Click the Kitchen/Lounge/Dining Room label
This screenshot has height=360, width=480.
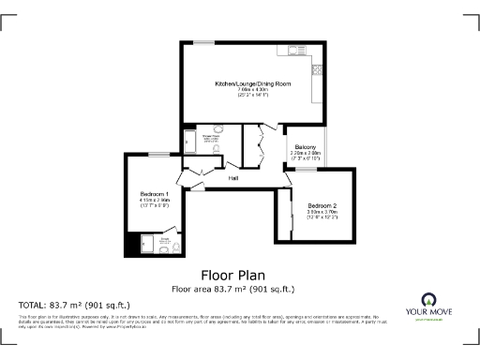[252, 84]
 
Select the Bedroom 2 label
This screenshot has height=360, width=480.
[322, 204]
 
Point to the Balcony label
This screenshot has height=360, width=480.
[305, 148]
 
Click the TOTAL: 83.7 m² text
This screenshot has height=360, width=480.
[75, 306]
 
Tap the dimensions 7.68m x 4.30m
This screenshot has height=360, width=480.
[252, 90]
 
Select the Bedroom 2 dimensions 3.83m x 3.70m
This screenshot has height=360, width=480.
[322, 211]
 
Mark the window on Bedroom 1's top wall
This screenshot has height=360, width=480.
[157, 154]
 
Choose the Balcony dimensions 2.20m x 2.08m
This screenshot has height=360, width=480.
[305, 155]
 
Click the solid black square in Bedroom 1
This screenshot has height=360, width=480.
[131, 246]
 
